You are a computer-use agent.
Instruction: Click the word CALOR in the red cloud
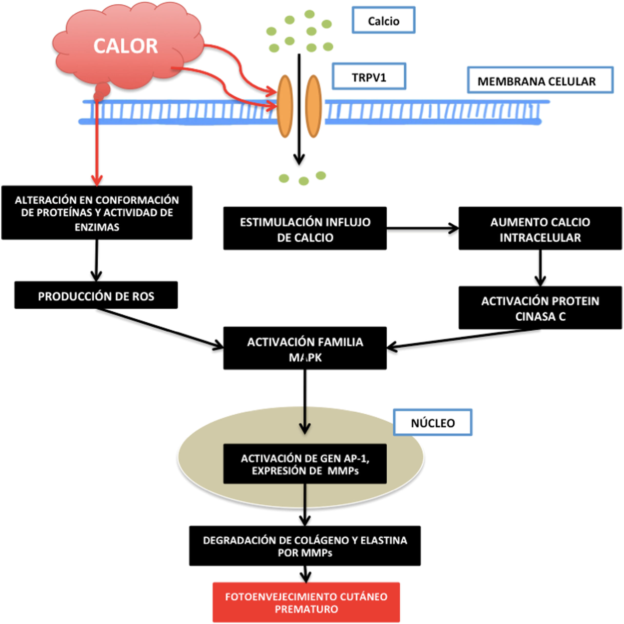(125, 46)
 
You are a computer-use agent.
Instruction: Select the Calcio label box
(383, 20)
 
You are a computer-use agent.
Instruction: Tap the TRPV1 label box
(369, 77)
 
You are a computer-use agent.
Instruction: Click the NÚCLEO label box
(433, 422)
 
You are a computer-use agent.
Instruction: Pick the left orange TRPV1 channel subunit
(285, 106)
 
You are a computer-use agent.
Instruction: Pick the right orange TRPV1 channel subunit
(313, 106)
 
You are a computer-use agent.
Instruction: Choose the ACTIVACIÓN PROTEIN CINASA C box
(540, 308)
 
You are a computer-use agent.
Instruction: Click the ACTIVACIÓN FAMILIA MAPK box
(305, 348)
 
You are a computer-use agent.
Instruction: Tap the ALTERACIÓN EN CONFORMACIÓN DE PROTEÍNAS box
(97, 213)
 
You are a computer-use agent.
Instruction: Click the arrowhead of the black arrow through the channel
(299, 160)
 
